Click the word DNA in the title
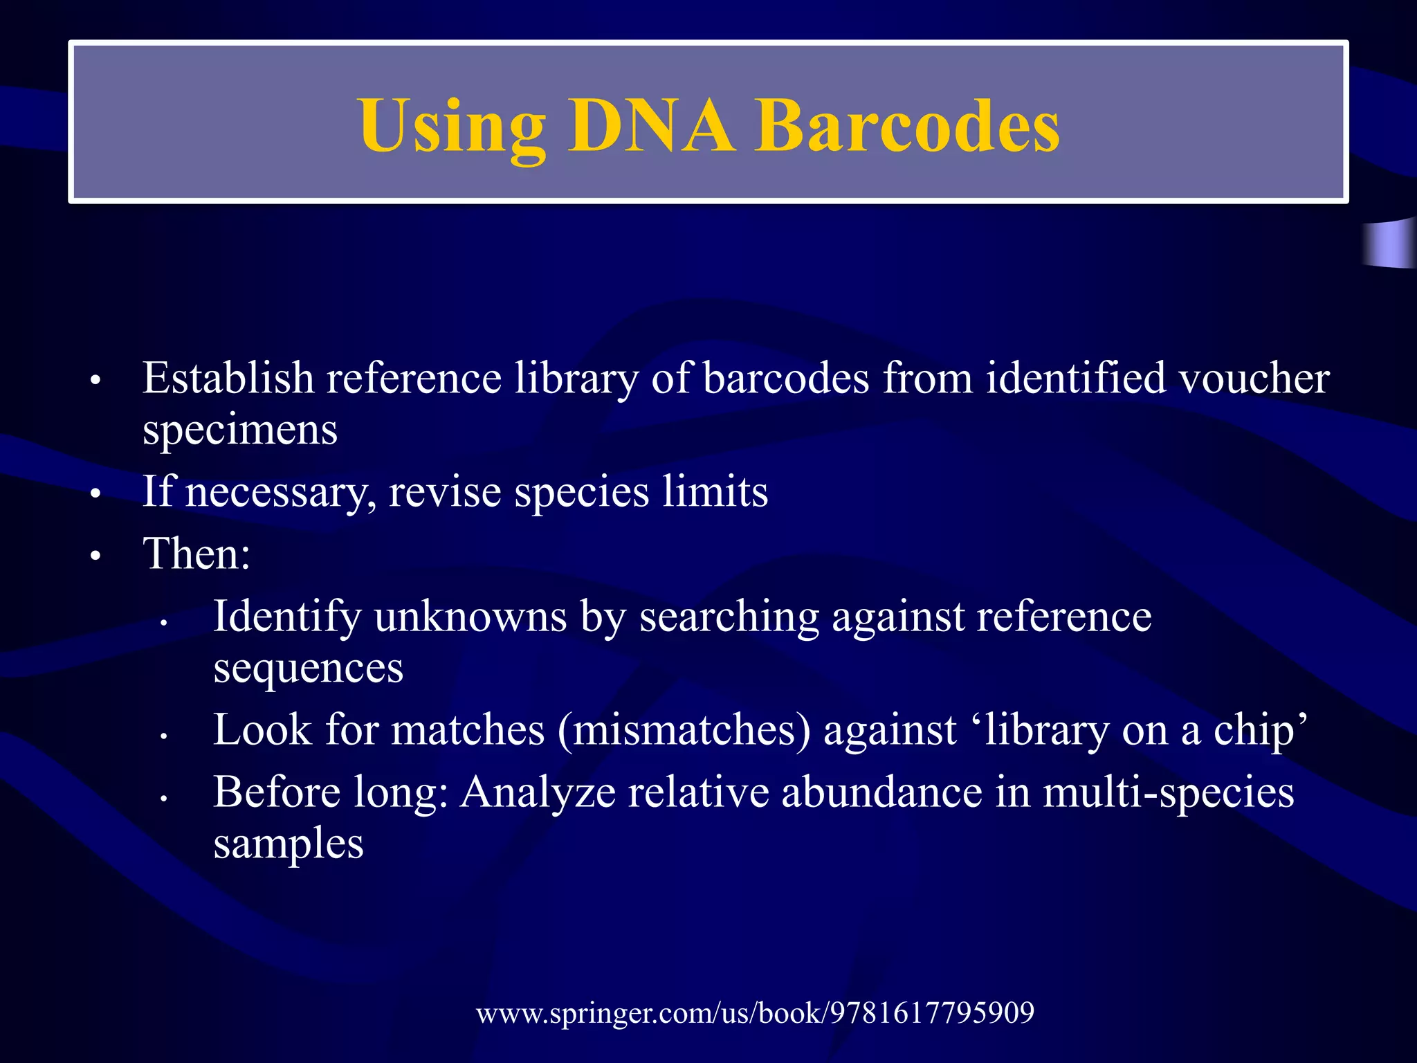click(650, 126)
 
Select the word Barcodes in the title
click(906, 126)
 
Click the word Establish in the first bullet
click(228, 379)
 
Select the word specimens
click(240, 431)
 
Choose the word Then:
click(196, 554)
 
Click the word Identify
click(286, 617)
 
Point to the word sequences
click(308, 669)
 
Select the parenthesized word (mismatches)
click(684, 730)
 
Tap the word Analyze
click(538, 792)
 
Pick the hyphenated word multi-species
click(1168, 792)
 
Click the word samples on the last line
click(289, 844)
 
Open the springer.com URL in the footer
click(755, 1013)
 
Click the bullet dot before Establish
click(95, 381)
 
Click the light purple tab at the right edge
click(1391, 244)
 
